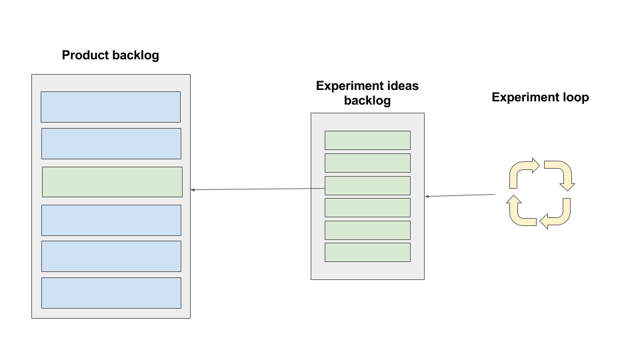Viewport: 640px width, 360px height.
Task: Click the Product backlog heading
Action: [110, 55]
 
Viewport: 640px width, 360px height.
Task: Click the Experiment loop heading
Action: [540, 97]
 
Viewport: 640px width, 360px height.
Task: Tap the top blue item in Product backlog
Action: [111, 107]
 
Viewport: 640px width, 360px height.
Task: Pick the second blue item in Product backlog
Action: [111, 143]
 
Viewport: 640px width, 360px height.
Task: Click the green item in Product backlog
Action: [112, 182]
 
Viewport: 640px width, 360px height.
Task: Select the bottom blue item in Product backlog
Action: [111, 293]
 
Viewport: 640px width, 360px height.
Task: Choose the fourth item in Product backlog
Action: [111, 220]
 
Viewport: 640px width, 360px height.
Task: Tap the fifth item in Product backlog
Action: [111, 256]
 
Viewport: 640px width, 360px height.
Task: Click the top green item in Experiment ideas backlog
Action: [367, 140]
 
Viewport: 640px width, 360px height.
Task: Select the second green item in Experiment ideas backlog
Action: [367, 163]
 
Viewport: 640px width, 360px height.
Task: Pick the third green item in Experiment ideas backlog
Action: [367, 185]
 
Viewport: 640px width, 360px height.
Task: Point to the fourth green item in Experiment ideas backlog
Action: [367, 207]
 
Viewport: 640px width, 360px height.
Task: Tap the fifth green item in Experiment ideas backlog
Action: [367, 230]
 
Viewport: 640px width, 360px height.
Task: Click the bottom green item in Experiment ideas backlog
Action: [367, 252]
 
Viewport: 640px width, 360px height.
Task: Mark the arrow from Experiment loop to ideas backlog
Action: [460, 195]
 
